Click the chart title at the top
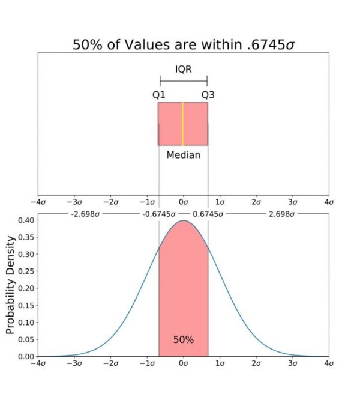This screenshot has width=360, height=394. (x=183, y=44)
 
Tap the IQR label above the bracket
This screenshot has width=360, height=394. (x=183, y=69)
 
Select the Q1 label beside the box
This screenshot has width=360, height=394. (x=158, y=94)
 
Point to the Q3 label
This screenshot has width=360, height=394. (x=208, y=94)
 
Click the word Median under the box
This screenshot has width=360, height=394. (x=183, y=154)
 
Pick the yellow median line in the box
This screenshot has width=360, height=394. (x=182, y=124)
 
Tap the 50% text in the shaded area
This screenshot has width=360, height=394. (x=183, y=339)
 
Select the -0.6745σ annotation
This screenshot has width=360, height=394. (x=158, y=213)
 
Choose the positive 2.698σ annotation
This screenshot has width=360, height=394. (x=281, y=213)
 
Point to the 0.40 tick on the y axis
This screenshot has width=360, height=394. (x=26, y=220)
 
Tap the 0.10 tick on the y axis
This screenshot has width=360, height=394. (x=26, y=323)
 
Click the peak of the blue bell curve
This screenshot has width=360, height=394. (x=184, y=220)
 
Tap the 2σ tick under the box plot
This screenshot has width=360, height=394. (x=256, y=202)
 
